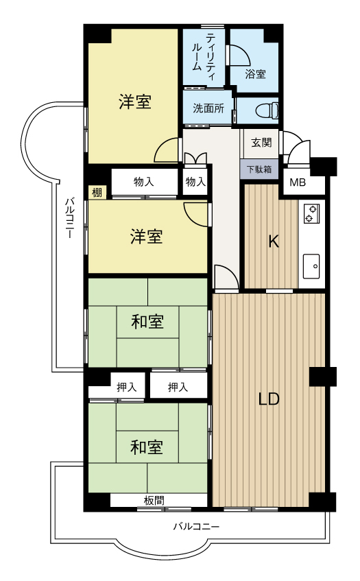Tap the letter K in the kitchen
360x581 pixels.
pos(272,241)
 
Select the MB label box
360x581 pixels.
pos(298,182)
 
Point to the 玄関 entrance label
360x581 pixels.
pos(261,143)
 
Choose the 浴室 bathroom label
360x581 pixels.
pos(255,73)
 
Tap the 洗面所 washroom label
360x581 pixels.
pos(208,108)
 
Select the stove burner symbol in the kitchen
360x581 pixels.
pos(310,213)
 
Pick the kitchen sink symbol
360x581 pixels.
pos(311,263)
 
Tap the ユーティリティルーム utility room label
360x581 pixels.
pos(205,54)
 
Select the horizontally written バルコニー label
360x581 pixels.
pos(195,527)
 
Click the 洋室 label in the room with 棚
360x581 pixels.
pos(147,237)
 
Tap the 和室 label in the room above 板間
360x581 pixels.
pos(147,447)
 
